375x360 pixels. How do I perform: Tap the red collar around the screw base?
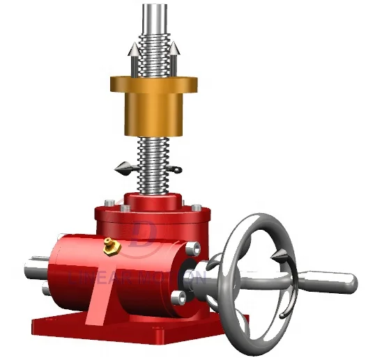(153, 200)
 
